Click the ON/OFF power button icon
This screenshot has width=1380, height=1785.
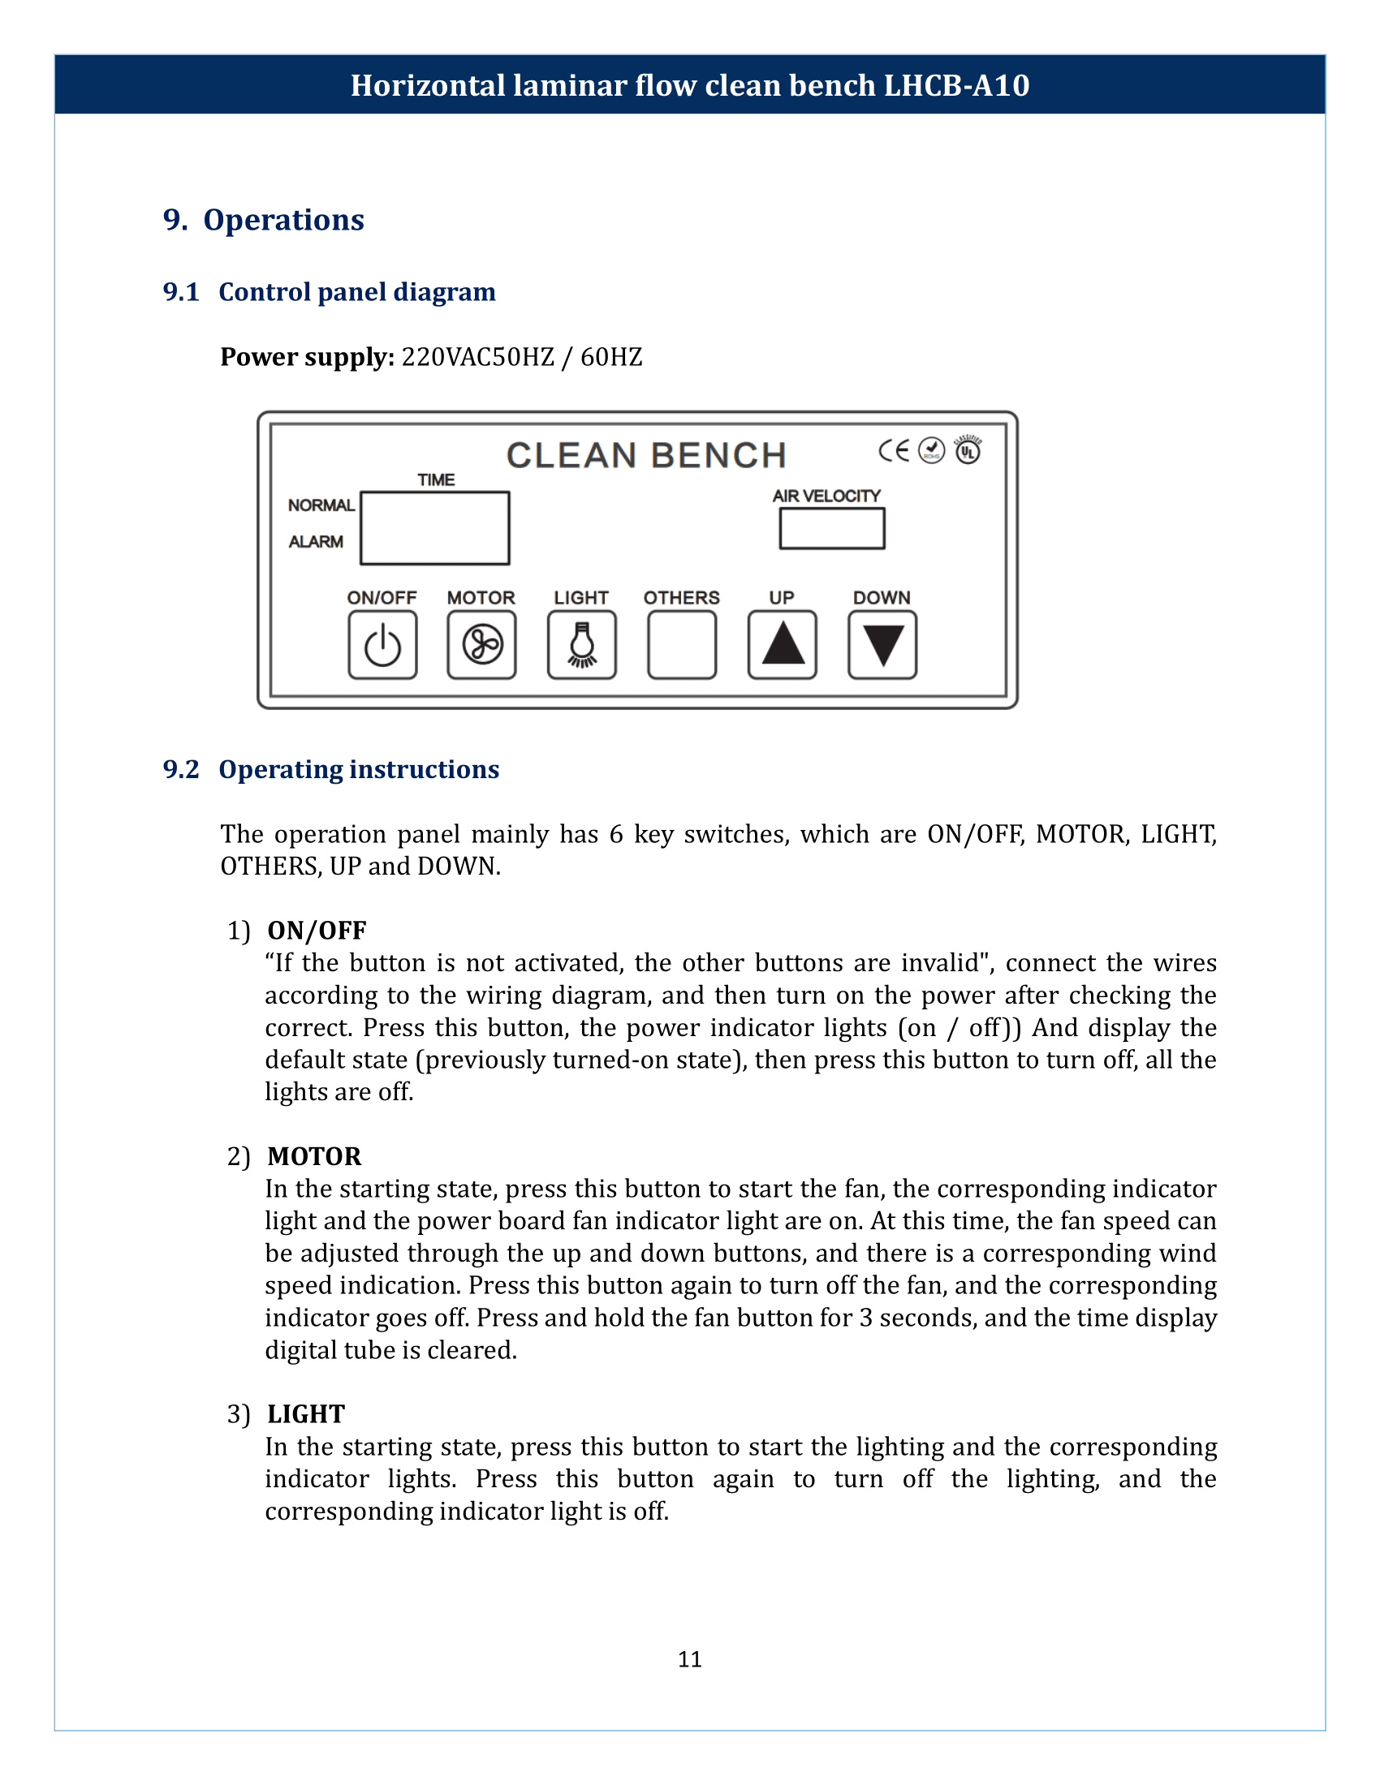[382, 645]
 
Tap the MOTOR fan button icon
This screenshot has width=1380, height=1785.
[481, 645]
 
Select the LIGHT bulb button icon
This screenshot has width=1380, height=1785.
[582, 645]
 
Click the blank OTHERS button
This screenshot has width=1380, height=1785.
[682, 645]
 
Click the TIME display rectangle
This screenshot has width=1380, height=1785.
[435, 528]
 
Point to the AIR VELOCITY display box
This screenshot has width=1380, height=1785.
[831, 529]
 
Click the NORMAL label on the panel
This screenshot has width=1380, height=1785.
[321, 505]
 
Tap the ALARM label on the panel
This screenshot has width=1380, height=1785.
[316, 542]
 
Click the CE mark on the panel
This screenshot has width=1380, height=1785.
[894, 450]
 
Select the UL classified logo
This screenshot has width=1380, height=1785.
[968, 449]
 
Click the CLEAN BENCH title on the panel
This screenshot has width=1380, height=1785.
[646, 455]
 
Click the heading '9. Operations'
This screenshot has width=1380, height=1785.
[263, 220]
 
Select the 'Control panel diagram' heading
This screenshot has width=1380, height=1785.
[356, 292]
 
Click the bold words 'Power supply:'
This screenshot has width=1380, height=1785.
[308, 357]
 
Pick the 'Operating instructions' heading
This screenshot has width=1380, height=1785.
[358, 769]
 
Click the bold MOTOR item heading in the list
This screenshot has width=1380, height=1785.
[314, 1155]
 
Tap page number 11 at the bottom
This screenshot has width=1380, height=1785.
[689, 1658]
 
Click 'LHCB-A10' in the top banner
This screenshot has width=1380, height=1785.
[955, 85]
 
